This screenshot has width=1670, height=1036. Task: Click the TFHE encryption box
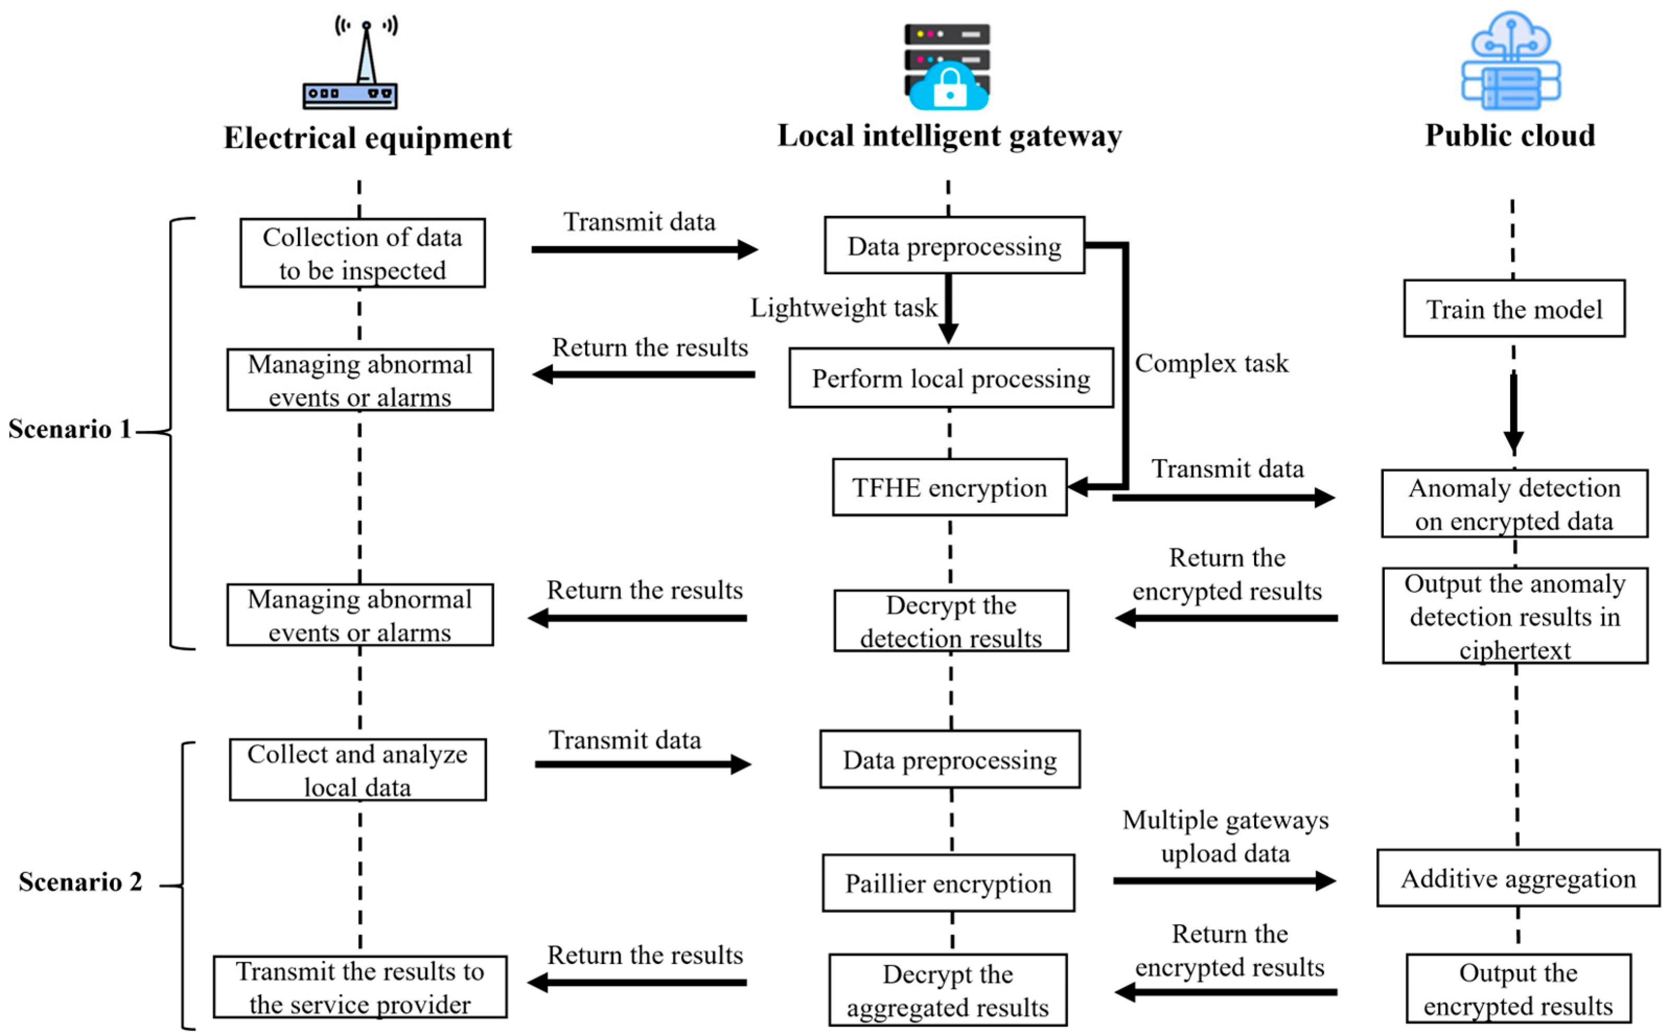tap(949, 487)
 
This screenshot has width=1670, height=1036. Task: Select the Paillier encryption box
tap(948, 882)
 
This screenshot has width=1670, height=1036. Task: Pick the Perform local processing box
tap(951, 378)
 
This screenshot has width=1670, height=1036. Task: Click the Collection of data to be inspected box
tap(362, 253)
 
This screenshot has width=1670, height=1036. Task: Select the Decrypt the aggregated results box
tap(947, 990)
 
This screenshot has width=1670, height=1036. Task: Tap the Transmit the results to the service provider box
tap(360, 987)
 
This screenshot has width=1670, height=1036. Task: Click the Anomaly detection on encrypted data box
tap(1514, 503)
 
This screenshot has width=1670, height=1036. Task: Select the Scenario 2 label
tap(80, 882)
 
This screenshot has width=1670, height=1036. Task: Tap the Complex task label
tap(1211, 363)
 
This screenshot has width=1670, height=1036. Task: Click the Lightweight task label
tap(843, 308)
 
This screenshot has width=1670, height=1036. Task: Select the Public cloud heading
tap(1510, 136)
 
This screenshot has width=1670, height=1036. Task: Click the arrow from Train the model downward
tap(1513, 411)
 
